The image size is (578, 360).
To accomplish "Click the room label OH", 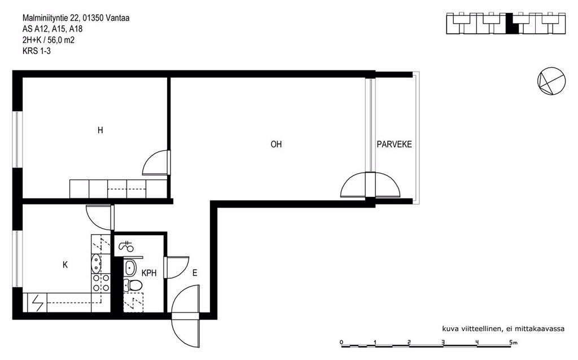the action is point(276,144).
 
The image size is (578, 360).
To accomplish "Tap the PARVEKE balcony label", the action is point(394,144).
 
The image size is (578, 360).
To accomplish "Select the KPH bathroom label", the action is point(149,273).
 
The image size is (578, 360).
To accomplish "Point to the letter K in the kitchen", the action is point(65,265).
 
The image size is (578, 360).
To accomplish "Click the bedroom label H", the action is point(100,130).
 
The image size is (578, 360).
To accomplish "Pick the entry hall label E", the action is point(195,273).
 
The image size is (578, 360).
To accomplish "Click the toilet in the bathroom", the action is point(132,285).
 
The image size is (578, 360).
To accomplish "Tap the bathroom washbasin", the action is point(130,268).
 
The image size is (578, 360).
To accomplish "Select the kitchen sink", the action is point(96,263).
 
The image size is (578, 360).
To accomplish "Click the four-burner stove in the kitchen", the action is point(101,283).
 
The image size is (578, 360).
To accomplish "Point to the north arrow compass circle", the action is point(551,81).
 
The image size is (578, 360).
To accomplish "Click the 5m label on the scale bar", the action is point(513,343).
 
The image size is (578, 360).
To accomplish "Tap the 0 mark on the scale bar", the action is point(341,343).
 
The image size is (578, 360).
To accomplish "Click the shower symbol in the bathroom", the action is point(126,246).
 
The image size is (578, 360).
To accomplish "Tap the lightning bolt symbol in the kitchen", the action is point(38,303).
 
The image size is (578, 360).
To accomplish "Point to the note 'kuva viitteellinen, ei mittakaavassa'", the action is point(503,328).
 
